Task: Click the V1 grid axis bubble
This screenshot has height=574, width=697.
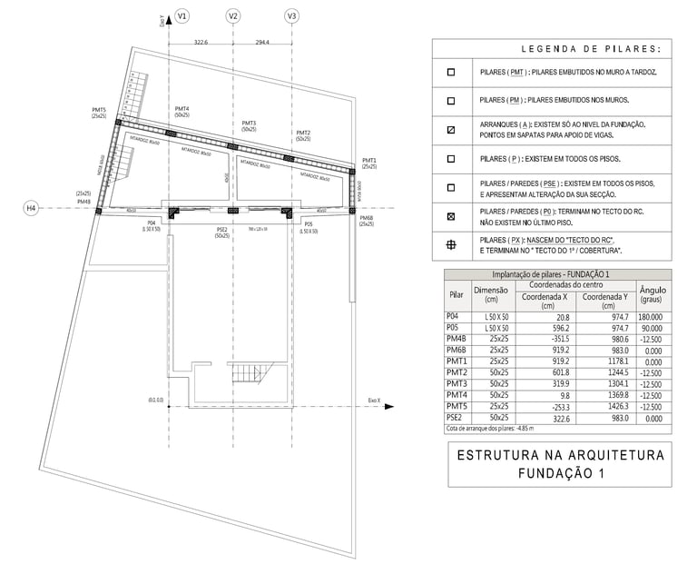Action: coord(182,16)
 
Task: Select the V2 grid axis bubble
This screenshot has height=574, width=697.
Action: coord(233,16)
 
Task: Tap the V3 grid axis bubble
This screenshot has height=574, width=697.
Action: coord(291,16)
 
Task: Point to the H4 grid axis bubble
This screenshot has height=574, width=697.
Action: coord(31,209)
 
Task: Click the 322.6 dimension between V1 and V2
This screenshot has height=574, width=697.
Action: coord(201,42)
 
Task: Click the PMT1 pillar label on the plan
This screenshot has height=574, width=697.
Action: coord(368,159)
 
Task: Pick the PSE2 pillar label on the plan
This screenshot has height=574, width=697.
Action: coord(221,230)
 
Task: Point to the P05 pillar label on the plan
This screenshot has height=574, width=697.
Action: coord(309,223)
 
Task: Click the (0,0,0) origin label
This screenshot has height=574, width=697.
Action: coord(155,400)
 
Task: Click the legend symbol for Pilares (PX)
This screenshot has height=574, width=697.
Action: coord(451,244)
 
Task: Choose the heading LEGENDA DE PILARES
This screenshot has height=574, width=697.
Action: coord(590,49)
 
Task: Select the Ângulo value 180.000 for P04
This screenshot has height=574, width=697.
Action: coord(653,315)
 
